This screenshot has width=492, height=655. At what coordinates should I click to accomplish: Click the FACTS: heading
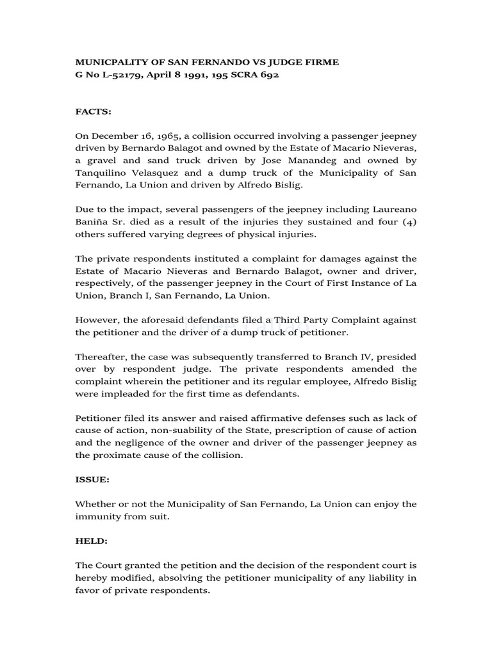point(94,112)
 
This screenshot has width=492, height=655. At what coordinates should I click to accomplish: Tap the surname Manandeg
point(298,161)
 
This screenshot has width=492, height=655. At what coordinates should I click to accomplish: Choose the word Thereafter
point(102,357)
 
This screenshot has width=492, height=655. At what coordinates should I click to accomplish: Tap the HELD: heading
point(92,541)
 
